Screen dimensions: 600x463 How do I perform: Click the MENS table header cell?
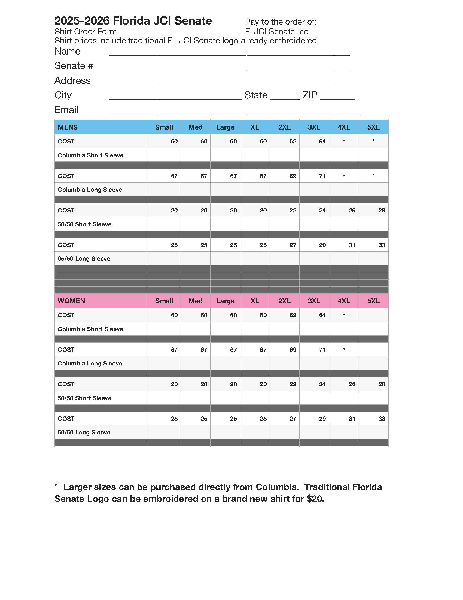pos(68,127)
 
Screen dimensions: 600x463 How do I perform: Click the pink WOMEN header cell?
pos(71,301)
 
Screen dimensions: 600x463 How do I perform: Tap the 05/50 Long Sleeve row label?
pos(84,259)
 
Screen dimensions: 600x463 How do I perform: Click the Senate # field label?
pos(74,66)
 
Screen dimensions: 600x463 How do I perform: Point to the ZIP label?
pos(310,95)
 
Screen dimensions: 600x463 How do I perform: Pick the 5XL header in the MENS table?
pos(373,127)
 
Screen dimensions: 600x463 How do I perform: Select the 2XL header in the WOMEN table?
pos(284,301)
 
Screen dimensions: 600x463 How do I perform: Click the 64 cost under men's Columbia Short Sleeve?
pos(322,142)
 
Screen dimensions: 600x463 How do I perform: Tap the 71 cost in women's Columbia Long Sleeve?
pos(322,350)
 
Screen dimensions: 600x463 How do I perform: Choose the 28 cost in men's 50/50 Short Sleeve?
pos(382,211)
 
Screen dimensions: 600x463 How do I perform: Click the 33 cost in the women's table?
pos(382,419)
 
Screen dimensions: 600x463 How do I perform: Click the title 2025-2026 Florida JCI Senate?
pos(133,21)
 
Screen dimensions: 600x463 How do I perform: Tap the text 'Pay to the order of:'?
pos(281,22)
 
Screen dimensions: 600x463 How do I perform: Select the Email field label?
pos(66,110)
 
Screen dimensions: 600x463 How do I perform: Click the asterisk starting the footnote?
pos(56,486)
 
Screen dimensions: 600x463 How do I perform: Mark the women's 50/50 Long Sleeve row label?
pos(84,433)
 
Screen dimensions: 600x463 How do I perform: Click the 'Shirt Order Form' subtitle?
pos(85,32)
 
